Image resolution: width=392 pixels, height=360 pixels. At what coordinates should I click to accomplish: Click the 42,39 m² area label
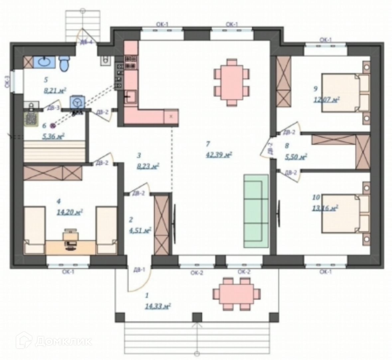[218, 155]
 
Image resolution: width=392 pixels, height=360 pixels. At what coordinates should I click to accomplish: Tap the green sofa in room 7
[256, 211]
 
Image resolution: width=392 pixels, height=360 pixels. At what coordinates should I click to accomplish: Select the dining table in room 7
[231, 82]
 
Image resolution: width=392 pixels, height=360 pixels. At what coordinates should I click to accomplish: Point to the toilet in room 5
[65, 63]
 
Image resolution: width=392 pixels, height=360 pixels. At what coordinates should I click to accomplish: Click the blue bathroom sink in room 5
[45, 61]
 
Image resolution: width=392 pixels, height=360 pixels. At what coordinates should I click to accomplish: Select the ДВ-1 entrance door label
[139, 269]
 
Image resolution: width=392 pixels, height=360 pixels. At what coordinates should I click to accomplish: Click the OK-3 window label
[7, 82]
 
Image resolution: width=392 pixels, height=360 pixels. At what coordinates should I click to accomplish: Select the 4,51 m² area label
[140, 230]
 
